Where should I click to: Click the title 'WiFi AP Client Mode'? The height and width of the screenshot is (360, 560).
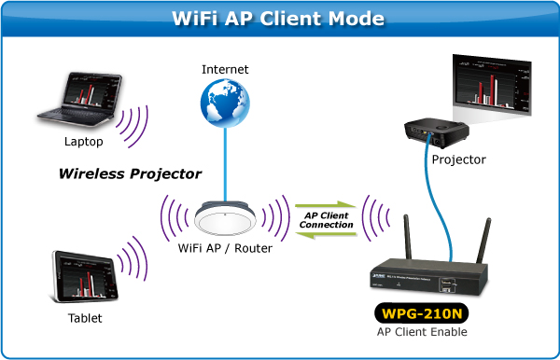click(x=279, y=19)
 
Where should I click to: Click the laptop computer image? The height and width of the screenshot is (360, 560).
click(x=80, y=98)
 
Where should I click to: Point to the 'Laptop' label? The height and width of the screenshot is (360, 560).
click(x=84, y=143)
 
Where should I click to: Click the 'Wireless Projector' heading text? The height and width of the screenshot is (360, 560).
click(x=130, y=173)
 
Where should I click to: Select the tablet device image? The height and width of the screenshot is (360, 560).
click(x=85, y=274)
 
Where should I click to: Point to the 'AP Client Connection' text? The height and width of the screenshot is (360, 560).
click(x=327, y=219)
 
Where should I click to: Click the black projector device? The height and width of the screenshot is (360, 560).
click(x=434, y=130)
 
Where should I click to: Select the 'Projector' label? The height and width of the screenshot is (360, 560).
click(x=459, y=159)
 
